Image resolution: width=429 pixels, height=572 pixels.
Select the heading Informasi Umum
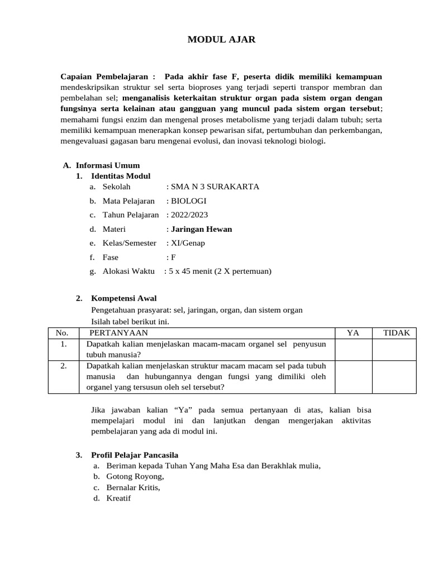pos(107,165)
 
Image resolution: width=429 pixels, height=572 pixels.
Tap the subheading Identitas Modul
pos(121,176)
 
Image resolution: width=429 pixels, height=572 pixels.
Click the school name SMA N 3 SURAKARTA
pos(213,187)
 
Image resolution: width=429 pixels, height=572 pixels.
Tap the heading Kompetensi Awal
pos(123,298)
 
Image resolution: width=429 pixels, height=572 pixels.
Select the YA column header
pos(353,333)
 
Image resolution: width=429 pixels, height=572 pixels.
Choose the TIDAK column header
pos(396,333)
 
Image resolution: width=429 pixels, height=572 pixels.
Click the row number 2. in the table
pos(64,366)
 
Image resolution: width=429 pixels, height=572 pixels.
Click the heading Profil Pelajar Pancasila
pos(134,455)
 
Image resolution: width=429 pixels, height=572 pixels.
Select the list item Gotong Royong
pos(135,476)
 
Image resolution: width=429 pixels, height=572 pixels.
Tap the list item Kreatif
pos(118,498)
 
